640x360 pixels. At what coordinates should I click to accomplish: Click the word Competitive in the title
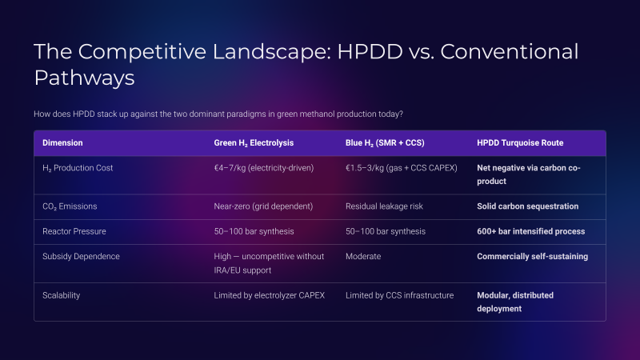142,52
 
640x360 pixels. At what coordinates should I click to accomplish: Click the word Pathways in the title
84,78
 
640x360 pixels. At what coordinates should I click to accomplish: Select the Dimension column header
62,143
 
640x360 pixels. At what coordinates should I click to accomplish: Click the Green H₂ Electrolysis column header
254,143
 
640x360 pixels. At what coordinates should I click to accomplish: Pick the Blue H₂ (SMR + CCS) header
385,143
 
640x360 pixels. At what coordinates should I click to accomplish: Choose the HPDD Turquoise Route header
520,143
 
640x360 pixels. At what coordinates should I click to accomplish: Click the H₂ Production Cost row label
78,168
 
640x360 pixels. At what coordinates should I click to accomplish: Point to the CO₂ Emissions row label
70,206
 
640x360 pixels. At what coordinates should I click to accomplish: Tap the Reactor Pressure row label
74,231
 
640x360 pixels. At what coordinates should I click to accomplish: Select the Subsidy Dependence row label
81,256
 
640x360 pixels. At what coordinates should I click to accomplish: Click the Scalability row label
62,295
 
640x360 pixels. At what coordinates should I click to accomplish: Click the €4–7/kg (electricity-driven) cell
264,168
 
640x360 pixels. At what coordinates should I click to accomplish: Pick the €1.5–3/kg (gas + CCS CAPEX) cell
402,168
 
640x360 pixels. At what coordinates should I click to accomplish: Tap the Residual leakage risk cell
384,206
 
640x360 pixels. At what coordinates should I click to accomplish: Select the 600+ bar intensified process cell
530,231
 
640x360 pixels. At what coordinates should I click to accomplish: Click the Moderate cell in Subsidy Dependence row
363,256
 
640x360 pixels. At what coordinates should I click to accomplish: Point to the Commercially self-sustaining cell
532,256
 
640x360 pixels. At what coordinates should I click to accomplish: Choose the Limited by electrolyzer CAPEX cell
270,295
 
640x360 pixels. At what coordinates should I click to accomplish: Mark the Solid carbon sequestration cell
527,206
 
